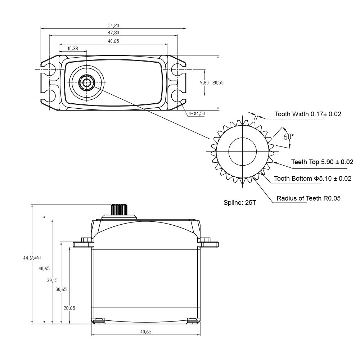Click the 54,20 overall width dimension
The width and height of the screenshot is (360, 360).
click(113, 26)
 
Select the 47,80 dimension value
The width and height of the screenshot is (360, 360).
click(113, 33)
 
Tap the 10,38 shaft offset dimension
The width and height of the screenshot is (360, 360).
click(72, 49)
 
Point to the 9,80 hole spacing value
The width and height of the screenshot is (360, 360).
click(204, 82)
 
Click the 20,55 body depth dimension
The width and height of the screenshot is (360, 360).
click(218, 82)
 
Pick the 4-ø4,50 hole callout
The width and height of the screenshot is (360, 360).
click(197, 113)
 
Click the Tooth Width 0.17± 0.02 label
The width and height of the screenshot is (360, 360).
click(308, 114)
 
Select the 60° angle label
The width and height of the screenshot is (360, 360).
click(288, 137)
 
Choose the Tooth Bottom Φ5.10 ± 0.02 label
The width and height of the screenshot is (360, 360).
click(312, 179)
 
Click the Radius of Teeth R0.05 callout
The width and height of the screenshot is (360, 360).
click(309, 198)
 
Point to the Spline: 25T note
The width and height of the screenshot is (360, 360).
click(240, 203)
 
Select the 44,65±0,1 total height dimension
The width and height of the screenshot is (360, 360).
click(32, 258)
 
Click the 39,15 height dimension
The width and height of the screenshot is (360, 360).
click(52, 280)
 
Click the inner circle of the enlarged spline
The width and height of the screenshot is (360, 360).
click(243, 151)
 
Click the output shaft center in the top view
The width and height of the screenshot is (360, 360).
click(86, 83)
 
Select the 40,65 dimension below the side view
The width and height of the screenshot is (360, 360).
click(145, 332)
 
